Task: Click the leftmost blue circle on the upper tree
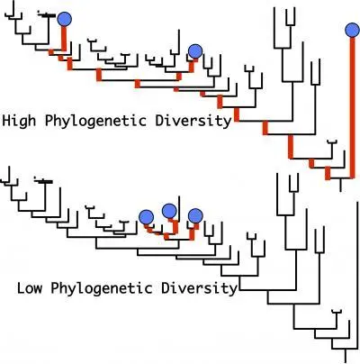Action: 64,19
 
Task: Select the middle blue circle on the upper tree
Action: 195,51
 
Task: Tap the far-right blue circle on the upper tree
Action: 352,30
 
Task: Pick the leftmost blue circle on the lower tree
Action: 147,217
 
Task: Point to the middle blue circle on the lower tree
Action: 169,211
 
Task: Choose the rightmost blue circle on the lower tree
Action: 195,216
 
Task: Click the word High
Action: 19,121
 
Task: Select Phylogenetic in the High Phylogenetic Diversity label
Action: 95,121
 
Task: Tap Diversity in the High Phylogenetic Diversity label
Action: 193,121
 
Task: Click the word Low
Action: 30,288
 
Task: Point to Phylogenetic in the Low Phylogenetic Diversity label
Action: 102,288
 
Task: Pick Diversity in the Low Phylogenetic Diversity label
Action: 199,288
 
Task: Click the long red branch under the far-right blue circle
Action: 353,107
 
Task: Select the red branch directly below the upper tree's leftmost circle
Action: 64,39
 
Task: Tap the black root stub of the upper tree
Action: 340,185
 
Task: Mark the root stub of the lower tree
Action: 346,356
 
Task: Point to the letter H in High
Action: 6,121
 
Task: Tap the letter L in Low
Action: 21,288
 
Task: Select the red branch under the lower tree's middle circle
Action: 175,226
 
